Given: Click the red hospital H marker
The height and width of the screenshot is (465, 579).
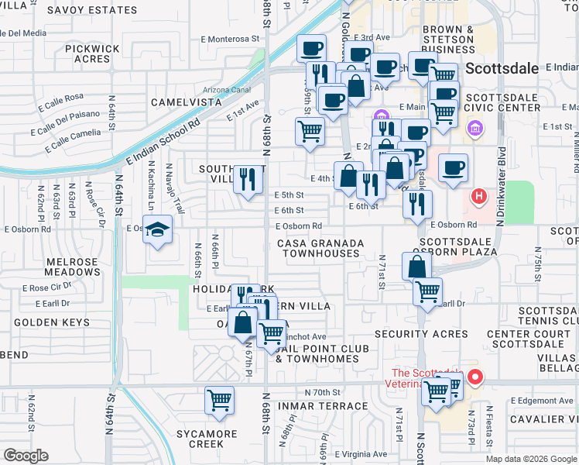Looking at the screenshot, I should [479, 197].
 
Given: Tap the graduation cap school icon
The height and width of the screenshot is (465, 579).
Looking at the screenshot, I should [158, 230].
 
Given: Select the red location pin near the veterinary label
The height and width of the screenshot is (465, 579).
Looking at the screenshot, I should [475, 378].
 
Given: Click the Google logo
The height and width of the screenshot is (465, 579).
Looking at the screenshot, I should [26, 456].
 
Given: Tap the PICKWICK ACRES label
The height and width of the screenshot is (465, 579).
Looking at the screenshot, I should [92, 53].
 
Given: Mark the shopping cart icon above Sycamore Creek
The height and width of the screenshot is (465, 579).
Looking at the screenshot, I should [220, 400].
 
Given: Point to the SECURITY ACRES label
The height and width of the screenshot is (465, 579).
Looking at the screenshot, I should [422, 334].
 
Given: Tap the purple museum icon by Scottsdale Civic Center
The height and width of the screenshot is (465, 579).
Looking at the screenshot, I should [475, 126].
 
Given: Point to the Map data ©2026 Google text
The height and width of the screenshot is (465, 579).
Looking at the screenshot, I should [530, 459].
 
